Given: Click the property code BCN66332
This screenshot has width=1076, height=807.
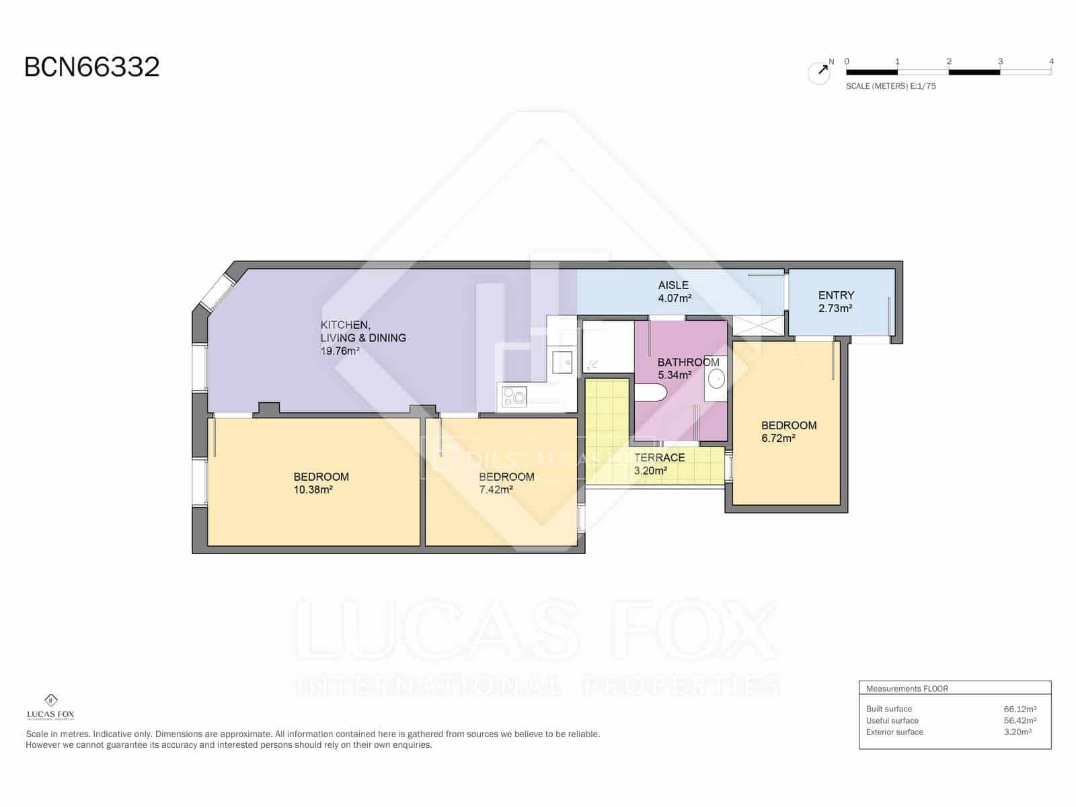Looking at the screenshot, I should point(92,67).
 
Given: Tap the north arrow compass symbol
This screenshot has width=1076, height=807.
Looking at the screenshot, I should point(819,72).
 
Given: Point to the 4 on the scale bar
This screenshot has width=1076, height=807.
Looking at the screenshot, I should point(1051,61).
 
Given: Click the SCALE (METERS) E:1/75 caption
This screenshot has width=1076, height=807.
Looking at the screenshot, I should point(890,86).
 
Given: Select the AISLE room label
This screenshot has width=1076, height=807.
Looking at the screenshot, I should point(673,285).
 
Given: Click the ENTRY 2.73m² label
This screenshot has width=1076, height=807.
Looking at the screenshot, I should point(836,301).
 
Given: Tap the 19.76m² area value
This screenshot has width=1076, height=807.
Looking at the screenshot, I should point(340,351).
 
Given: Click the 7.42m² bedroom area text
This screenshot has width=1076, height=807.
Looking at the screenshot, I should point(496,490).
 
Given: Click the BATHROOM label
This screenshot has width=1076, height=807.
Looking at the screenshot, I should point(688,362).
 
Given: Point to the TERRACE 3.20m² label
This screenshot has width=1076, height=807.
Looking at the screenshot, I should point(659,463).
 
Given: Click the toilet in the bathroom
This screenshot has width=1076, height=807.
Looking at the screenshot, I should point(650,393).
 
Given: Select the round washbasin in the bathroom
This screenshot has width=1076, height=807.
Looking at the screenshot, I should point(716,379).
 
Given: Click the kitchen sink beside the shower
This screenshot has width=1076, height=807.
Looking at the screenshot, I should point(562,362).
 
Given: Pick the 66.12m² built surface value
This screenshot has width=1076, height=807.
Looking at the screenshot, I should point(1020,709).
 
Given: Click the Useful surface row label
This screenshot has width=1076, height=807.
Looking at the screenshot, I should point(892,720).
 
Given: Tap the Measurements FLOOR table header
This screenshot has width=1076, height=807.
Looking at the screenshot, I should point(907,689).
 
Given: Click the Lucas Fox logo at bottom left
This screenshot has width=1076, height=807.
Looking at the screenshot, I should point(50,707).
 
